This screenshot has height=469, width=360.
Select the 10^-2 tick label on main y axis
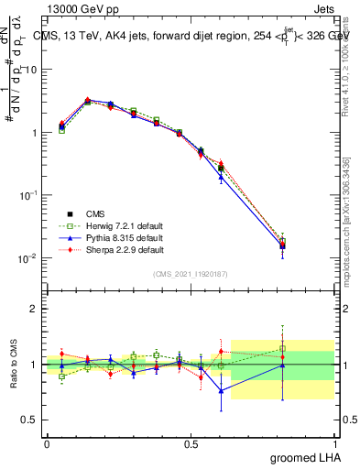27,258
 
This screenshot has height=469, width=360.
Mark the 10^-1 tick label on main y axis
27,195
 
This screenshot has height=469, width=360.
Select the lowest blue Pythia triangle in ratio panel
221,390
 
